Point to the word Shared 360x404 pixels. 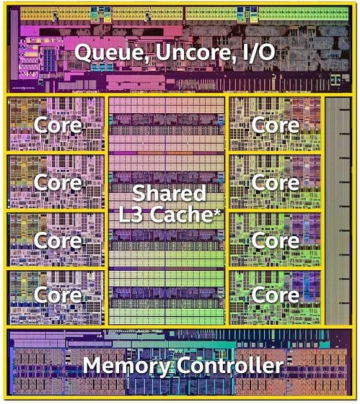[169, 193]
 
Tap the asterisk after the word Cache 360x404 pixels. [216, 213]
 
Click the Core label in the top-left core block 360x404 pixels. [58, 125]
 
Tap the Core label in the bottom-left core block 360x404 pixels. [58, 295]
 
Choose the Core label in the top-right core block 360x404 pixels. [276, 125]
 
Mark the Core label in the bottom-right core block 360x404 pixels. [276, 295]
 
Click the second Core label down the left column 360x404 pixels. [58, 183]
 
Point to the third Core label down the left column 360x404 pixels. [58, 241]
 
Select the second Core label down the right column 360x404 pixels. [276, 183]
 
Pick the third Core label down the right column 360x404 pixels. [276, 241]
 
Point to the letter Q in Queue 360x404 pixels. [84, 53]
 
